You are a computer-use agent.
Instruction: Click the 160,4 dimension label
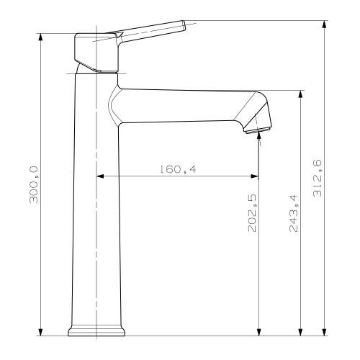(x=178, y=169)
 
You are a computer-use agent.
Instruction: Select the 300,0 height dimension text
(x=33, y=184)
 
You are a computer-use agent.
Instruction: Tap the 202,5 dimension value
(x=252, y=213)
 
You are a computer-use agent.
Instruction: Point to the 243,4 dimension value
(x=293, y=213)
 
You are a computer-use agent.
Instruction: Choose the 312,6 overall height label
(x=317, y=178)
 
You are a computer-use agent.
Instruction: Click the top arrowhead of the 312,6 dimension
(x=324, y=24)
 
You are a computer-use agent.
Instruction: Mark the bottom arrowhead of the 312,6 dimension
(x=324, y=332)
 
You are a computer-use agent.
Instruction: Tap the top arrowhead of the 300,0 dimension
(x=40, y=37)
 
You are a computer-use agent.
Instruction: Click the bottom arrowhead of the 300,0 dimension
(x=40, y=332)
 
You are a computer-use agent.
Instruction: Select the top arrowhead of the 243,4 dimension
(x=300, y=94)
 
